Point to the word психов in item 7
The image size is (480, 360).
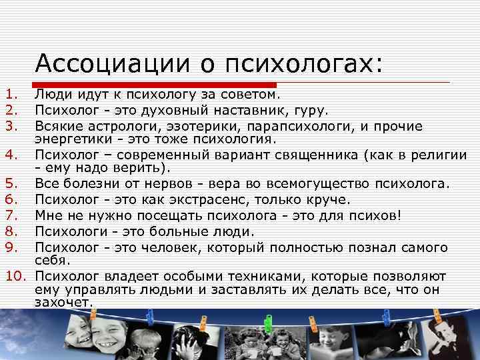(373, 215)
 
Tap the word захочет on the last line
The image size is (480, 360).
(63, 302)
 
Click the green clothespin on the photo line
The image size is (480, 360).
(269, 323)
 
